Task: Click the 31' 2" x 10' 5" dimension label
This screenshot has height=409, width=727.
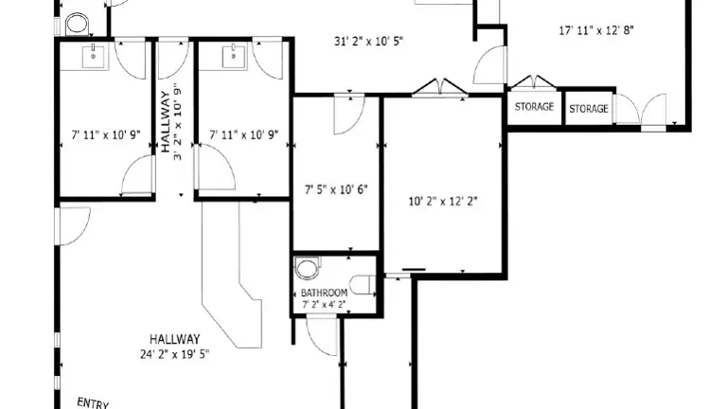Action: tap(368, 42)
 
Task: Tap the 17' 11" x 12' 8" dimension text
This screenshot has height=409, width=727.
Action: tap(596, 30)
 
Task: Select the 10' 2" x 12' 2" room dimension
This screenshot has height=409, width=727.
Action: tap(443, 202)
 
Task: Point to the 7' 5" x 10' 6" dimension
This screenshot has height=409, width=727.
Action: tap(336, 189)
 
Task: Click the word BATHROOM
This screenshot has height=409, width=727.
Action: tap(324, 293)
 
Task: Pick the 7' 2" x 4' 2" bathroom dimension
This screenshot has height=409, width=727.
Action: tap(324, 305)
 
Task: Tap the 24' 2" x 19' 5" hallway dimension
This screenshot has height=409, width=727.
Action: tap(175, 354)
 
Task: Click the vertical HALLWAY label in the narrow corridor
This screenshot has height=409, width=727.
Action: tap(166, 122)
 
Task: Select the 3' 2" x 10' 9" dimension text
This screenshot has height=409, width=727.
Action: tap(178, 122)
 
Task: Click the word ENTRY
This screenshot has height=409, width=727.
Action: tap(93, 403)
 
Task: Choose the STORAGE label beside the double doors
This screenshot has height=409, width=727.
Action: tap(589, 109)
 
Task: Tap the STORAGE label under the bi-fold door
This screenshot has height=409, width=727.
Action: tap(534, 107)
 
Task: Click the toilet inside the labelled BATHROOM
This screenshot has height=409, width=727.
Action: tap(308, 269)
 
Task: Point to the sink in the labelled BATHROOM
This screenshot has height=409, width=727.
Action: tap(363, 285)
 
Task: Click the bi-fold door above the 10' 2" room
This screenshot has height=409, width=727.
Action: tap(440, 87)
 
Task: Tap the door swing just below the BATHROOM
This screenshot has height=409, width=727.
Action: tap(322, 335)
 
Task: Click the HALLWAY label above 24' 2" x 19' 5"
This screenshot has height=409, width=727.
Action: tap(175, 339)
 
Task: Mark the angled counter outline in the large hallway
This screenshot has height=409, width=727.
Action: tap(232, 275)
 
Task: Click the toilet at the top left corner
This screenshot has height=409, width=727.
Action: tap(77, 24)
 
